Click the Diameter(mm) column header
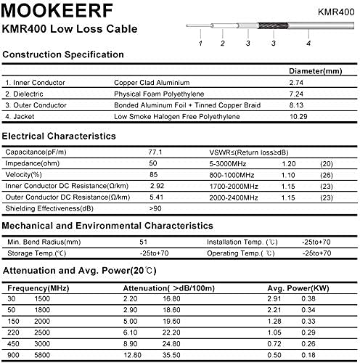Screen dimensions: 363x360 click(x=311, y=72)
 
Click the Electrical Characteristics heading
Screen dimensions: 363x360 click(x=59, y=136)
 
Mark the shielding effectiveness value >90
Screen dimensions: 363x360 click(x=155, y=208)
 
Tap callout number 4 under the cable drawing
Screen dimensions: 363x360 click(x=308, y=44)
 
